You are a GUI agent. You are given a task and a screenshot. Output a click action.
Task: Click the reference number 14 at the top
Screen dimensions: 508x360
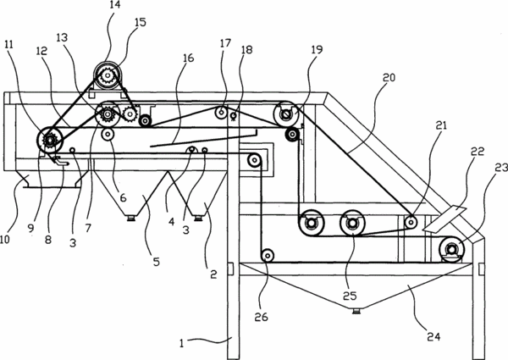[115, 5]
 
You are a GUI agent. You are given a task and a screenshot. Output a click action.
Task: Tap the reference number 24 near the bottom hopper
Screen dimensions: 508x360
[433, 336]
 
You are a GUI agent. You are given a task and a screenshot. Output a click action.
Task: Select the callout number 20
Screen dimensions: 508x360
[389, 78]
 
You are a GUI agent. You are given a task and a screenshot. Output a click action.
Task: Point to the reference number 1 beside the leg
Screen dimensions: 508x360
[182, 343]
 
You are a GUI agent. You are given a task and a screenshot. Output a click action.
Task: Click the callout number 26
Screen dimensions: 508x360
[261, 317]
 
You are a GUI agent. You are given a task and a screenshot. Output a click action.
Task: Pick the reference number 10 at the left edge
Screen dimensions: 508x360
[5, 240]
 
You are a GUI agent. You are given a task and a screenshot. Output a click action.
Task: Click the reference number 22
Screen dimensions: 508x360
[478, 152]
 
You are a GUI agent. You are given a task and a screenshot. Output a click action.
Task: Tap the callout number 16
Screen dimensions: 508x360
[188, 58]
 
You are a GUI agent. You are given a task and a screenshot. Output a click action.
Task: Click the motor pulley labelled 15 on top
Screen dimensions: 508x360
[107, 76]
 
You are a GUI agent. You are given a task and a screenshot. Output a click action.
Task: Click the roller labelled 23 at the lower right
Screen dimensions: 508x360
[451, 249]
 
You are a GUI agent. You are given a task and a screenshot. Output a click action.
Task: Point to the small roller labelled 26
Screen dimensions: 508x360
[268, 256]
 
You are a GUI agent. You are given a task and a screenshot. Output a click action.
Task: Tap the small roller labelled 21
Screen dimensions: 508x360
[411, 223]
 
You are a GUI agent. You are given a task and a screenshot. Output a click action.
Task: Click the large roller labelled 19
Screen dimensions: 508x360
[286, 114]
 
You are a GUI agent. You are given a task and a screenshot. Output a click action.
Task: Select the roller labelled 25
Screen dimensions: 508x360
[352, 224]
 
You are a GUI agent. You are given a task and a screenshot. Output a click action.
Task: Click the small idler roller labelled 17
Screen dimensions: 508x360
[222, 113]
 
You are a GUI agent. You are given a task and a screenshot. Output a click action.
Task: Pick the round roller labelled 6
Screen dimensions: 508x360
[108, 134]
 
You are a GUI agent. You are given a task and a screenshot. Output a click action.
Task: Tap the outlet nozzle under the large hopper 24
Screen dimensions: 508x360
[356, 311]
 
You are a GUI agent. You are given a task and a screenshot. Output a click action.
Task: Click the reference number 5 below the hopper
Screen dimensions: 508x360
[157, 262]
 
